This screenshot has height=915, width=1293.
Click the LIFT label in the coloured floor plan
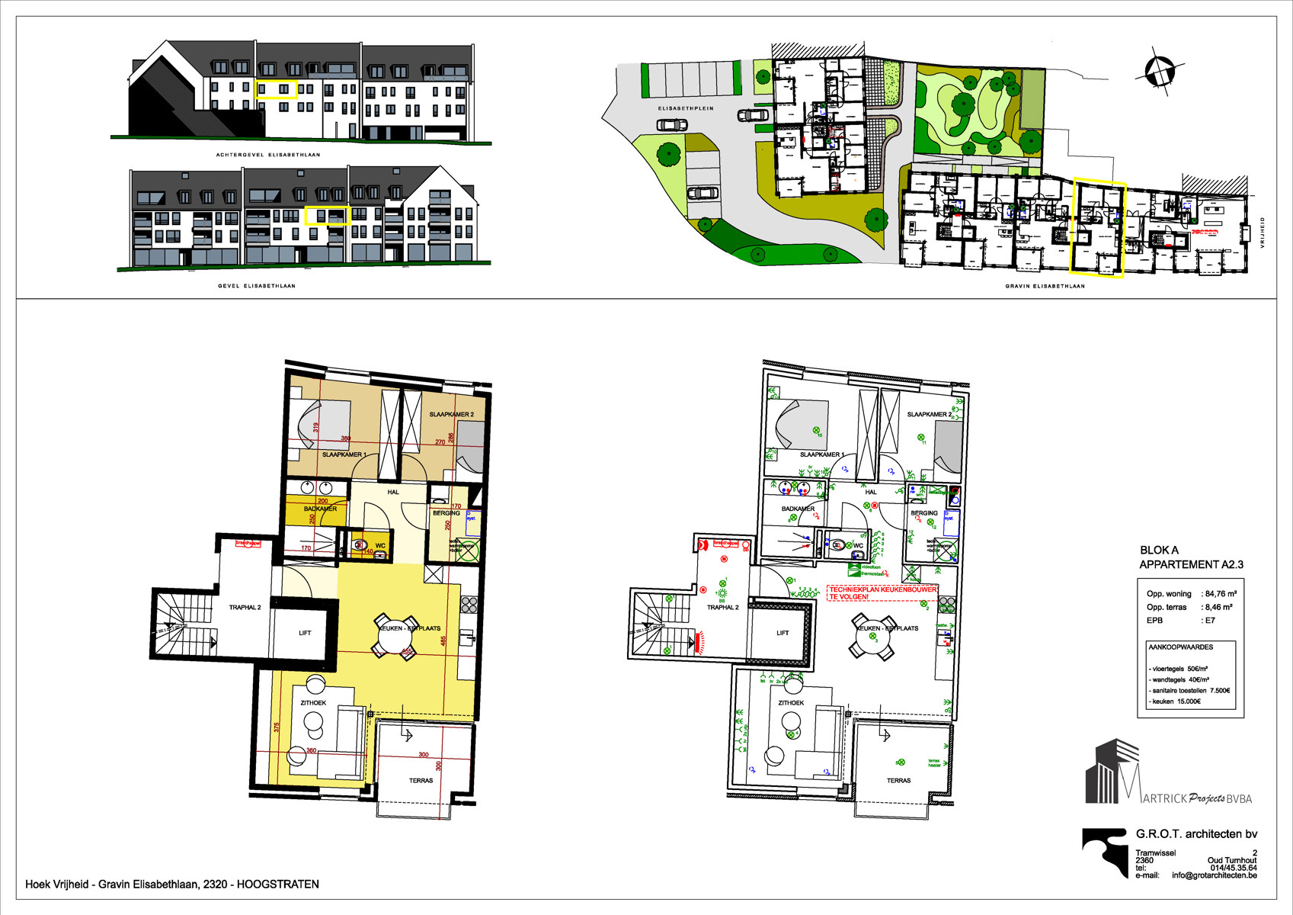point(305,633)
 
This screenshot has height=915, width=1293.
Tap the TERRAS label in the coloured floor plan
point(421,780)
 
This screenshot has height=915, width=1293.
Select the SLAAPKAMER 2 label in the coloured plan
point(451,414)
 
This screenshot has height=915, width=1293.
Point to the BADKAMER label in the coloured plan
point(320,509)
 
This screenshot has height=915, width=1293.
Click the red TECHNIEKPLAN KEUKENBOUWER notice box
point(882,593)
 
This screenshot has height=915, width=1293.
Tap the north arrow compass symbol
point(1158,72)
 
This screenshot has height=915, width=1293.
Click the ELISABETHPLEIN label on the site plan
point(686,108)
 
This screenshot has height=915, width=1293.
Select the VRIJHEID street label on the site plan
point(1262,233)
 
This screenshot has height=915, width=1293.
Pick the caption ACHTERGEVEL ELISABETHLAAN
point(268,155)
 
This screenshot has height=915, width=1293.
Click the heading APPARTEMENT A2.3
point(1191,564)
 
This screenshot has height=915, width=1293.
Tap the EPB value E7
point(1210,621)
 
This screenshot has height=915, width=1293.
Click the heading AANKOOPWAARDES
point(1181,647)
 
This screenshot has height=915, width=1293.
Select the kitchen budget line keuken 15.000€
point(1176,701)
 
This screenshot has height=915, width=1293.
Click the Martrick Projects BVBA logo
point(1167,774)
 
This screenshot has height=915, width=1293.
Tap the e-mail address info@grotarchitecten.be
point(1214,875)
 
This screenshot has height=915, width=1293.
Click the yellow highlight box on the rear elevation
point(276,89)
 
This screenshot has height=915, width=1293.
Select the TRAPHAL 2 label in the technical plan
point(722,608)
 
